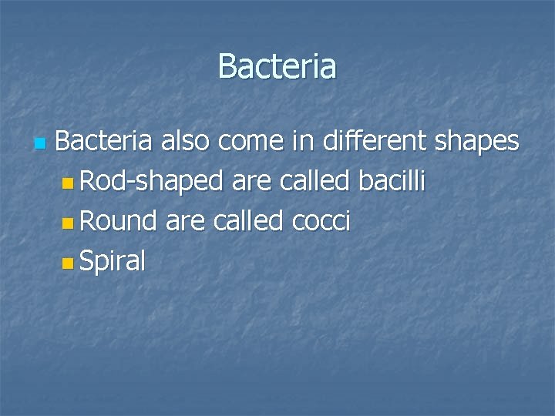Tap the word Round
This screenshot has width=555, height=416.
[119, 222]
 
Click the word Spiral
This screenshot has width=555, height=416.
[113, 262]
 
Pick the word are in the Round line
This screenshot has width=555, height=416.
[185, 222]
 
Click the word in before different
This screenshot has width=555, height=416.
[308, 142]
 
